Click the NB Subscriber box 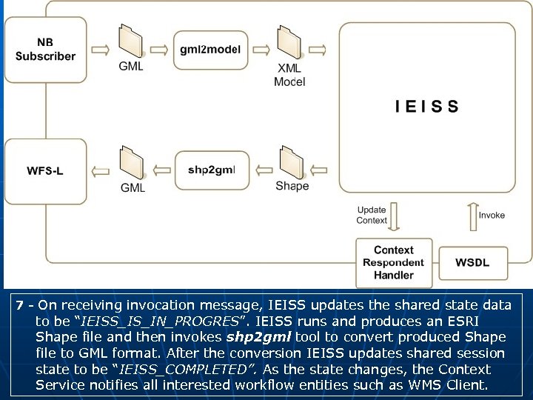pyautogui.click(x=45, y=50)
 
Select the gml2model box pyautogui.click(x=210, y=50)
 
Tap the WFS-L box pyautogui.click(x=45, y=171)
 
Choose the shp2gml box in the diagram pyautogui.click(x=211, y=170)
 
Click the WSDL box pyautogui.click(x=472, y=262)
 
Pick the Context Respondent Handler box pyautogui.click(x=393, y=262)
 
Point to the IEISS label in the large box pyautogui.click(x=426, y=107)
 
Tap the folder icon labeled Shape pyautogui.click(x=291, y=163)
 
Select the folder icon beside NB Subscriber pyautogui.click(x=131, y=41)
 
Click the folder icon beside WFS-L pyautogui.click(x=132, y=163)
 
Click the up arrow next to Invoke pyautogui.click(x=471, y=216)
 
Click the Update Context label pyautogui.click(x=371, y=216)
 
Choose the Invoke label pyautogui.click(x=492, y=216)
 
